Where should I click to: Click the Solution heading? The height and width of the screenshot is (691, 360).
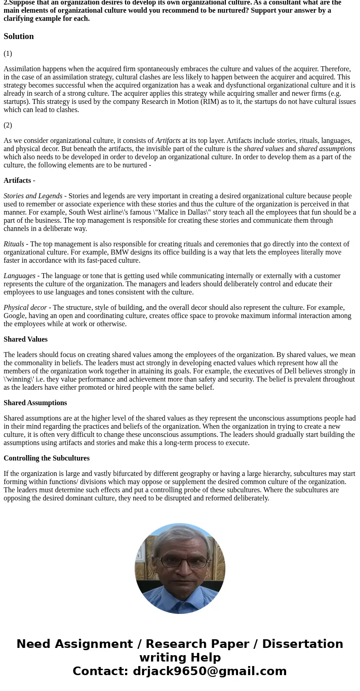click(x=19, y=36)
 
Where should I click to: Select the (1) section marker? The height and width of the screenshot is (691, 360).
click(x=8, y=54)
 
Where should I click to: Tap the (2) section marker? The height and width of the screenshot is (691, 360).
click(x=8, y=125)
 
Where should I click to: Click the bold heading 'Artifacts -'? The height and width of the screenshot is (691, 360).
click(x=19, y=181)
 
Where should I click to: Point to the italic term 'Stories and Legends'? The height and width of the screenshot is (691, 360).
click(x=33, y=196)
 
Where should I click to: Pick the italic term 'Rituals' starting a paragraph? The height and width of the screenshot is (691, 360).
click(x=14, y=244)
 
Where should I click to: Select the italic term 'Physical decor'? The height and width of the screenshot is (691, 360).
click(x=25, y=308)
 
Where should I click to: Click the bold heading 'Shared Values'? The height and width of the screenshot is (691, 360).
click(x=25, y=339)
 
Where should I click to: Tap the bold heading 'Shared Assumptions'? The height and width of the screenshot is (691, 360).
click(x=35, y=403)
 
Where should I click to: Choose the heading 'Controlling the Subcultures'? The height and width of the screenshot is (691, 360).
click(x=46, y=458)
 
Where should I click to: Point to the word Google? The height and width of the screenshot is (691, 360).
click(x=14, y=316)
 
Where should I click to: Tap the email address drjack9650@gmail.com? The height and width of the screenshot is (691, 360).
click(x=209, y=671)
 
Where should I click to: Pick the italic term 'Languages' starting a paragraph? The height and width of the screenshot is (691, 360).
click(x=19, y=276)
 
